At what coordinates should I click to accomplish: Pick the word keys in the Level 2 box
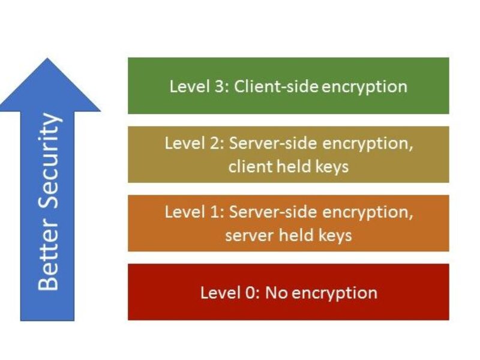click(332, 166)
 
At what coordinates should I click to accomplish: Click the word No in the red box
click(276, 292)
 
